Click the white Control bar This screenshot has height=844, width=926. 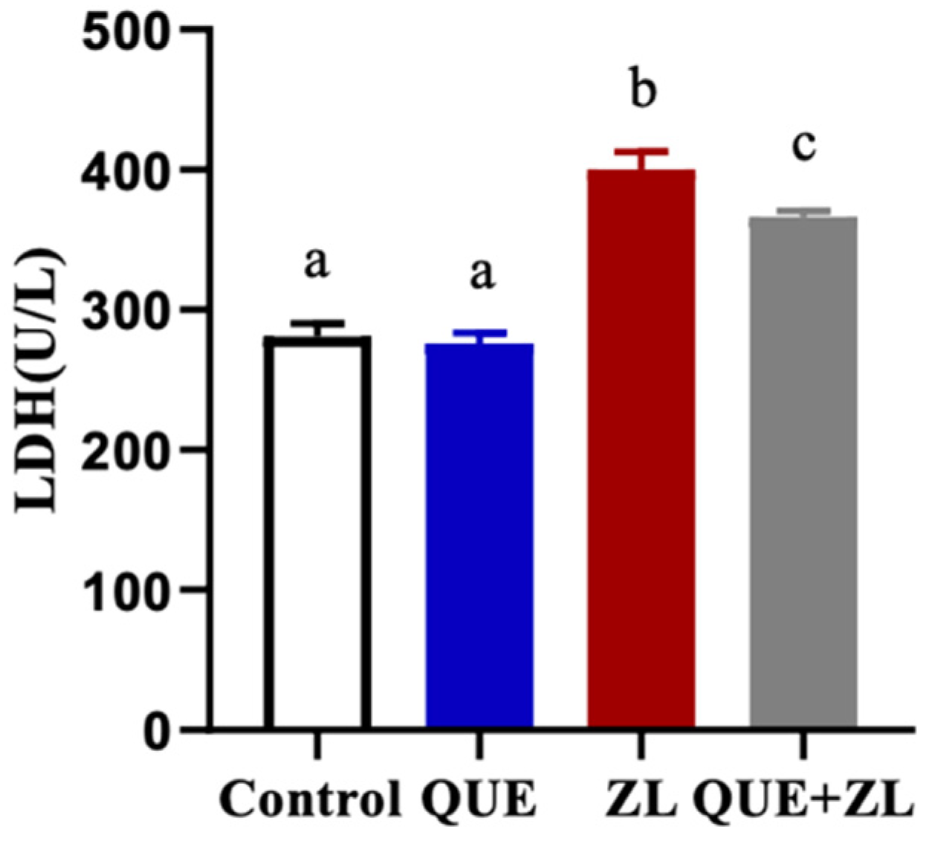(x=317, y=532)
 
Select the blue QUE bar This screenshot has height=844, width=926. (x=479, y=535)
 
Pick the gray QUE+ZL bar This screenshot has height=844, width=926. (x=803, y=472)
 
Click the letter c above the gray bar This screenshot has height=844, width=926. (x=803, y=146)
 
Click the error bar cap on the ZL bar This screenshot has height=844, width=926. (x=641, y=151)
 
